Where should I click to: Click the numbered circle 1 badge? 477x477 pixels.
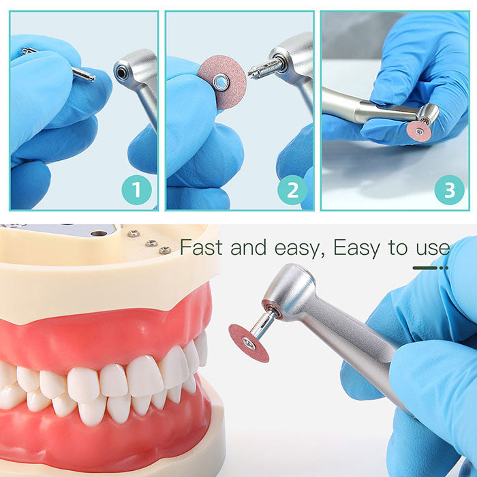click(x=136, y=190)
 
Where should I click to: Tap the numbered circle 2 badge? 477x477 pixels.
click(x=292, y=190)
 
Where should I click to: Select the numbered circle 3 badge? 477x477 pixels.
click(x=449, y=190)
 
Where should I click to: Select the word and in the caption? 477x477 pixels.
click(x=248, y=247)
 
